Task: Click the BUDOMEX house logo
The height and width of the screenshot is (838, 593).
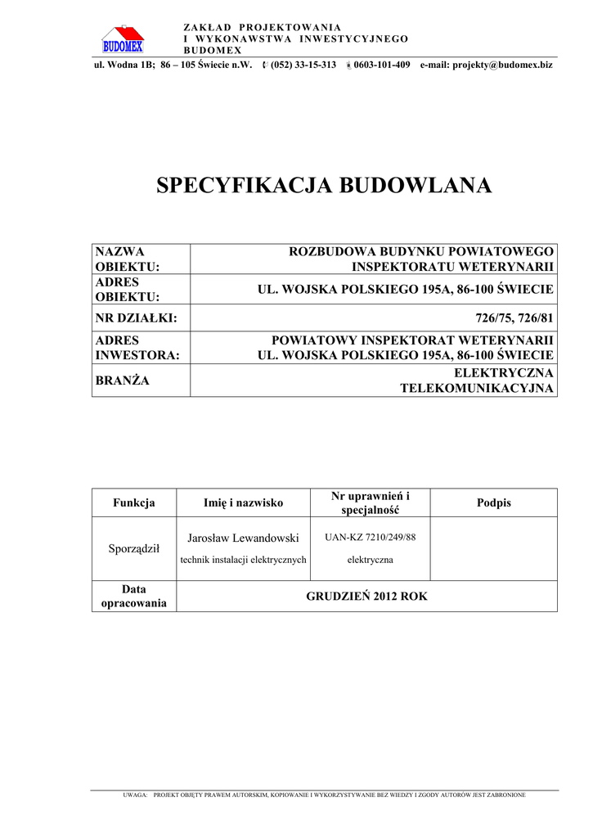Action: (x=122, y=39)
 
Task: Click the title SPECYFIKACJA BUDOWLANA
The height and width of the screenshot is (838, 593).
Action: (x=324, y=186)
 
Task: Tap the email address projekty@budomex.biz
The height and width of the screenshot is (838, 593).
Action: (x=486, y=65)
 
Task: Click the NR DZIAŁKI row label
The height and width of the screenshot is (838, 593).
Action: (x=137, y=318)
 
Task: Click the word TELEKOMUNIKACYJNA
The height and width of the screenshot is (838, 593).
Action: (x=476, y=388)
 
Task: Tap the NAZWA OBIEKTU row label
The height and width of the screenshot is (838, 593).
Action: (x=127, y=259)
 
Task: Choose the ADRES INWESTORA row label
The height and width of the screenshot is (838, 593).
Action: (x=137, y=347)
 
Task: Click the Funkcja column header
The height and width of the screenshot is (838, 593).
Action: (x=134, y=502)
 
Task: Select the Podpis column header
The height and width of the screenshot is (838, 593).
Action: (x=493, y=502)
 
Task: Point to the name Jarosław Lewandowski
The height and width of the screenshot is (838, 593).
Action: (x=243, y=538)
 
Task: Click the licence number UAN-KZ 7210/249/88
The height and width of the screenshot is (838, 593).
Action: (x=370, y=538)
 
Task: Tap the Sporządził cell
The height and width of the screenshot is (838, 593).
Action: (x=134, y=548)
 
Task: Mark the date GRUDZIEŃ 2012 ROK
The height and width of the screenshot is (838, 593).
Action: (x=366, y=597)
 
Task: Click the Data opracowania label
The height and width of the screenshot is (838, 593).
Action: (x=134, y=596)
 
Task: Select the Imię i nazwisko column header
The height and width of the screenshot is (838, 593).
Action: (x=243, y=502)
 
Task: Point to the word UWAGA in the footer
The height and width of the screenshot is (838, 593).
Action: (x=135, y=795)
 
